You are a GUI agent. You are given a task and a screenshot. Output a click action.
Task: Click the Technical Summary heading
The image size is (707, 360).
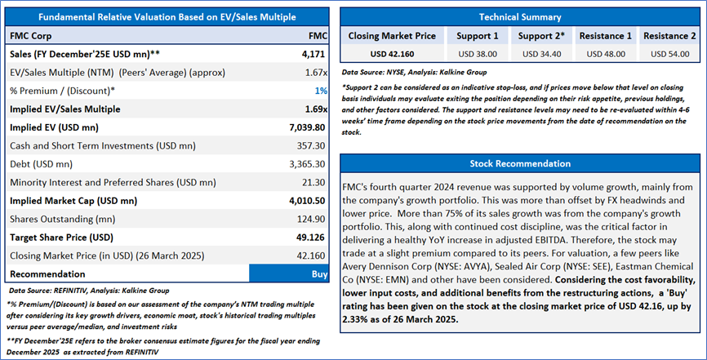[x=519, y=16]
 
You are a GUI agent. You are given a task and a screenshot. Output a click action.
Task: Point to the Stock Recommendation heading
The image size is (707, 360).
[x=519, y=163]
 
